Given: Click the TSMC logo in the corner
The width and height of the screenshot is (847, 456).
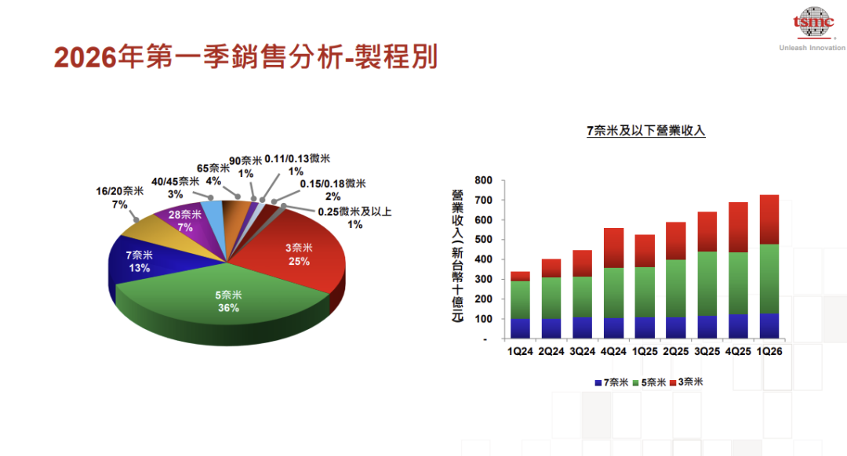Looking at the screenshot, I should tap(812, 24).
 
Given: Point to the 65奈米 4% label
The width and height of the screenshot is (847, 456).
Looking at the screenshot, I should tap(214, 174).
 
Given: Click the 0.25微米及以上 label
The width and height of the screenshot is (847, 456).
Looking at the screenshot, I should tap(354, 218).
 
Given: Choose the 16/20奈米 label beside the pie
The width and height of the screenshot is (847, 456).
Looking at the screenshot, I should tap(119, 197).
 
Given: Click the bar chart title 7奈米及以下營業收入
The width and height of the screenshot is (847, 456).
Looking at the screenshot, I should tap(645, 131).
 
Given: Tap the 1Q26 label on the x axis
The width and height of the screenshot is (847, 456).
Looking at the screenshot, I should tap(769, 352).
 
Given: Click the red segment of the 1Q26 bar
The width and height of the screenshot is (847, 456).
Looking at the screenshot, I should tap(769, 219).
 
